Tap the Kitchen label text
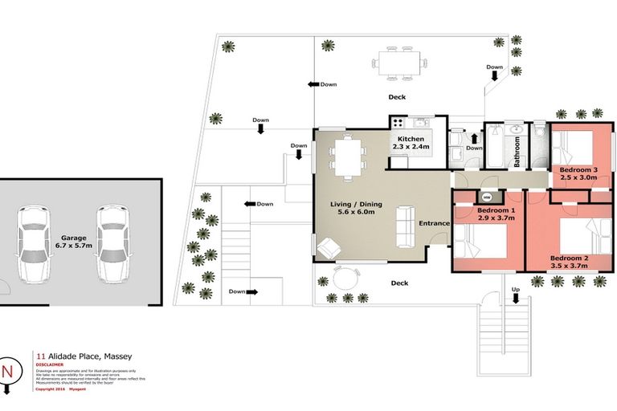pos(410,143)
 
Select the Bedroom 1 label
pos(474,214)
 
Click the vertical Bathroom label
pos(517,151)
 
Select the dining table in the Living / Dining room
pos(348,157)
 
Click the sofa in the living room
pos(404,226)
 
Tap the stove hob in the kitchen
pos(397,123)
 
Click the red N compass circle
pos(9,372)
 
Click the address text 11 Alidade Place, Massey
pos(84,355)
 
